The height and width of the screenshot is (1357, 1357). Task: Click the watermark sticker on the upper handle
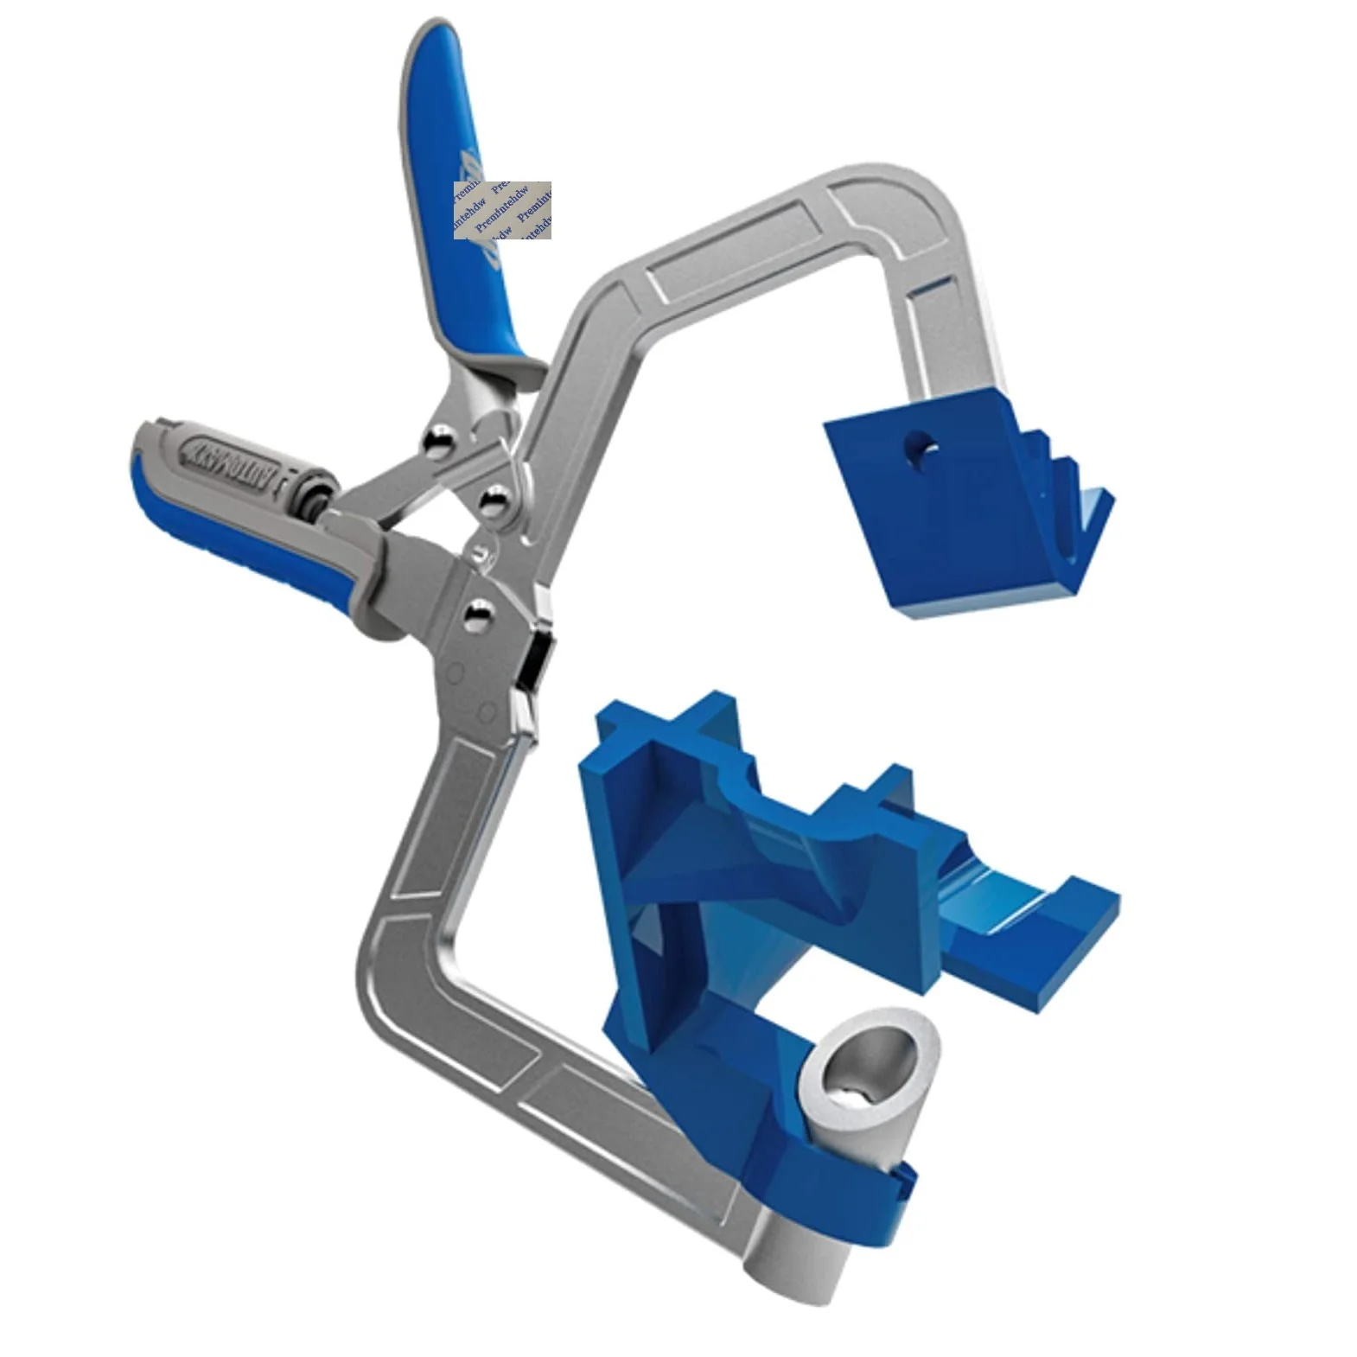tap(502, 210)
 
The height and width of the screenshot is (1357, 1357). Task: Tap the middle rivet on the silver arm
tap(495, 502)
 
